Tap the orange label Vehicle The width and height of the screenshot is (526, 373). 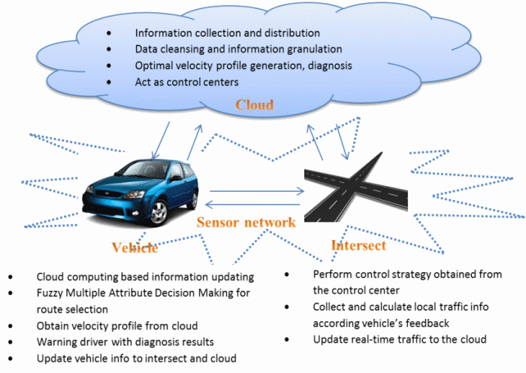click(x=135, y=248)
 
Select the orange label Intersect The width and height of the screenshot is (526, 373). click(x=358, y=245)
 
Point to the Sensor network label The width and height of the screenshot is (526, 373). click(x=246, y=223)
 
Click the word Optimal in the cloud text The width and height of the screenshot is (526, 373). click(x=154, y=65)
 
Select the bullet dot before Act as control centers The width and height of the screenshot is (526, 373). click(x=110, y=81)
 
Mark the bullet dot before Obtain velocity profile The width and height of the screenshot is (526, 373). click(x=11, y=326)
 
